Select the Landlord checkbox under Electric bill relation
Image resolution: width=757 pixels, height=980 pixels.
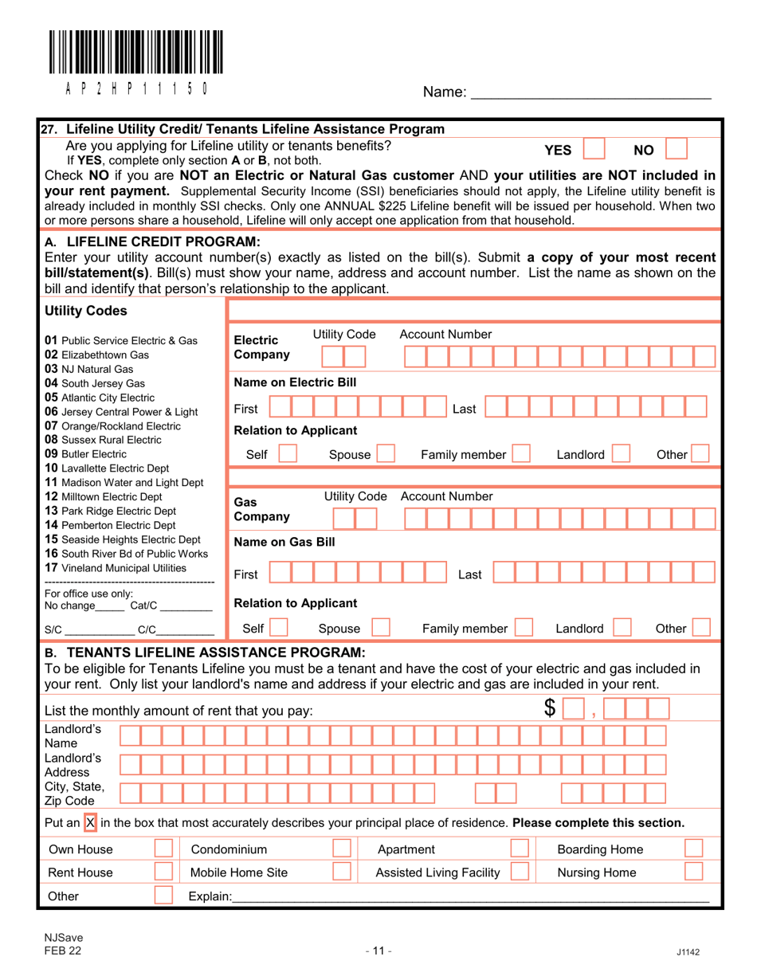(622, 455)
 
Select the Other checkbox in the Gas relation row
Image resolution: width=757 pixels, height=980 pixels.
(701, 629)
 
